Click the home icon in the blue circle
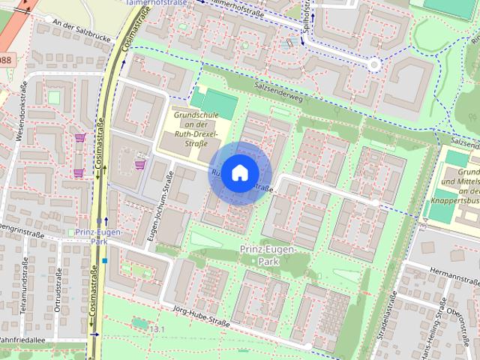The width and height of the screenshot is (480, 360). click(238, 172)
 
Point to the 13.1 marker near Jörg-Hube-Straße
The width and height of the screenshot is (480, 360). click(156, 329)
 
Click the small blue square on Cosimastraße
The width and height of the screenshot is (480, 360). click(106, 261)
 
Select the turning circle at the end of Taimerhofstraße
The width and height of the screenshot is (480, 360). click(373, 65)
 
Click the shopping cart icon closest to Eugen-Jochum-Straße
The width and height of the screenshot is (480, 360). click(139, 164)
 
